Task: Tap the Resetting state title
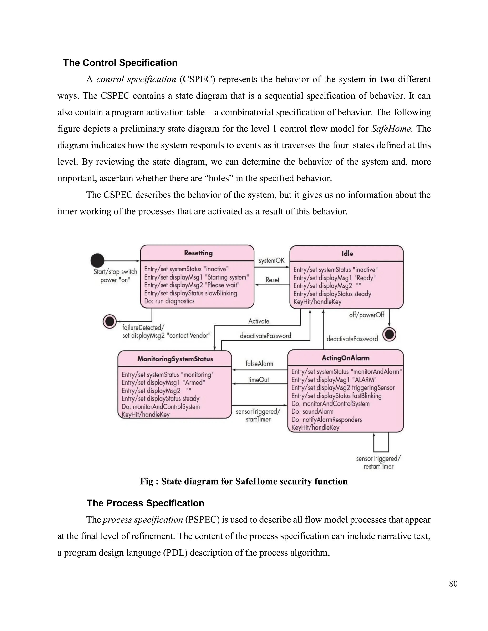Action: click(x=198, y=253)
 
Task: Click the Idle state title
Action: click(x=347, y=254)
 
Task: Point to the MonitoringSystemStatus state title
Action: click(x=175, y=359)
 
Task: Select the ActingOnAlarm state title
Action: click(x=346, y=358)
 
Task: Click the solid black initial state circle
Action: click(x=97, y=260)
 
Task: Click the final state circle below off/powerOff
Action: click(x=389, y=335)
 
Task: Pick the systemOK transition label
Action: click(x=271, y=260)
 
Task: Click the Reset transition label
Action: click(x=272, y=280)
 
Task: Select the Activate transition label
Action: click(x=259, y=321)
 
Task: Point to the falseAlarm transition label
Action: click(x=259, y=363)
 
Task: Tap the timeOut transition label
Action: click(x=259, y=380)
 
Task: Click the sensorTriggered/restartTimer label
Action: click(x=378, y=462)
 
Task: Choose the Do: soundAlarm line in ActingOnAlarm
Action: click(x=312, y=411)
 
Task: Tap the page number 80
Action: click(x=453, y=584)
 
